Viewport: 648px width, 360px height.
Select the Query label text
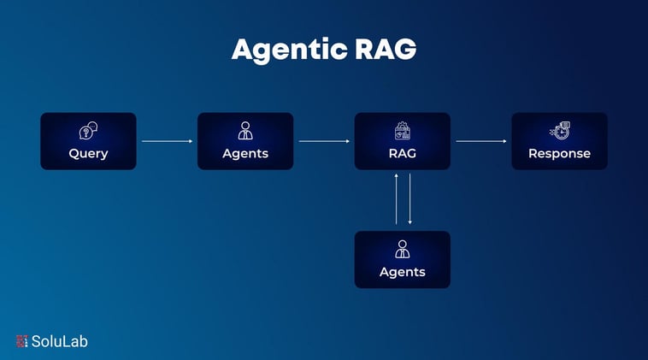(x=88, y=154)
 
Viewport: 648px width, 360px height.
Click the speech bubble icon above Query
(x=88, y=131)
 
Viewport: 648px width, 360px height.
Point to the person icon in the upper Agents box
(x=245, y=131)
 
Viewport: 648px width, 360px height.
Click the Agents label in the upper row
(x=245, y=154)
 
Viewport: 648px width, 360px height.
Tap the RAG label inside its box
(x=403, y=154)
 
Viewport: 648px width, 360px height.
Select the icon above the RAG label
(x=403, y=131)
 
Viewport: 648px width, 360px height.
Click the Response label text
(x=559, y=154)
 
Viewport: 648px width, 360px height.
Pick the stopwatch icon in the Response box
(x=560, y=131)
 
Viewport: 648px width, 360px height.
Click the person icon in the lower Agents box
(x=403, y=249)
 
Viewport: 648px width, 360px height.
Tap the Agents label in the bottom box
(x=403, y=272)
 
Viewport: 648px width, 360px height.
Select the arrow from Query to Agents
(x=167, y=141)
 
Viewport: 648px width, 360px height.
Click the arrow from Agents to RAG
(x=324, y=141)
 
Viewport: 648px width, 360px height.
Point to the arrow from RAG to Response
(x=481, y=141)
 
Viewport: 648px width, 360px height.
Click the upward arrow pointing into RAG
(x=396, y=199)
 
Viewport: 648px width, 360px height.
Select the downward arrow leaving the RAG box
(x=410, y=199)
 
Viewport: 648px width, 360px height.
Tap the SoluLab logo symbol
(x=22, y=341)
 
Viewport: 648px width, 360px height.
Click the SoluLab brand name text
(x=60, y=341)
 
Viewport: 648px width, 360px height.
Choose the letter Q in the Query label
(x=74, y=154)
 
